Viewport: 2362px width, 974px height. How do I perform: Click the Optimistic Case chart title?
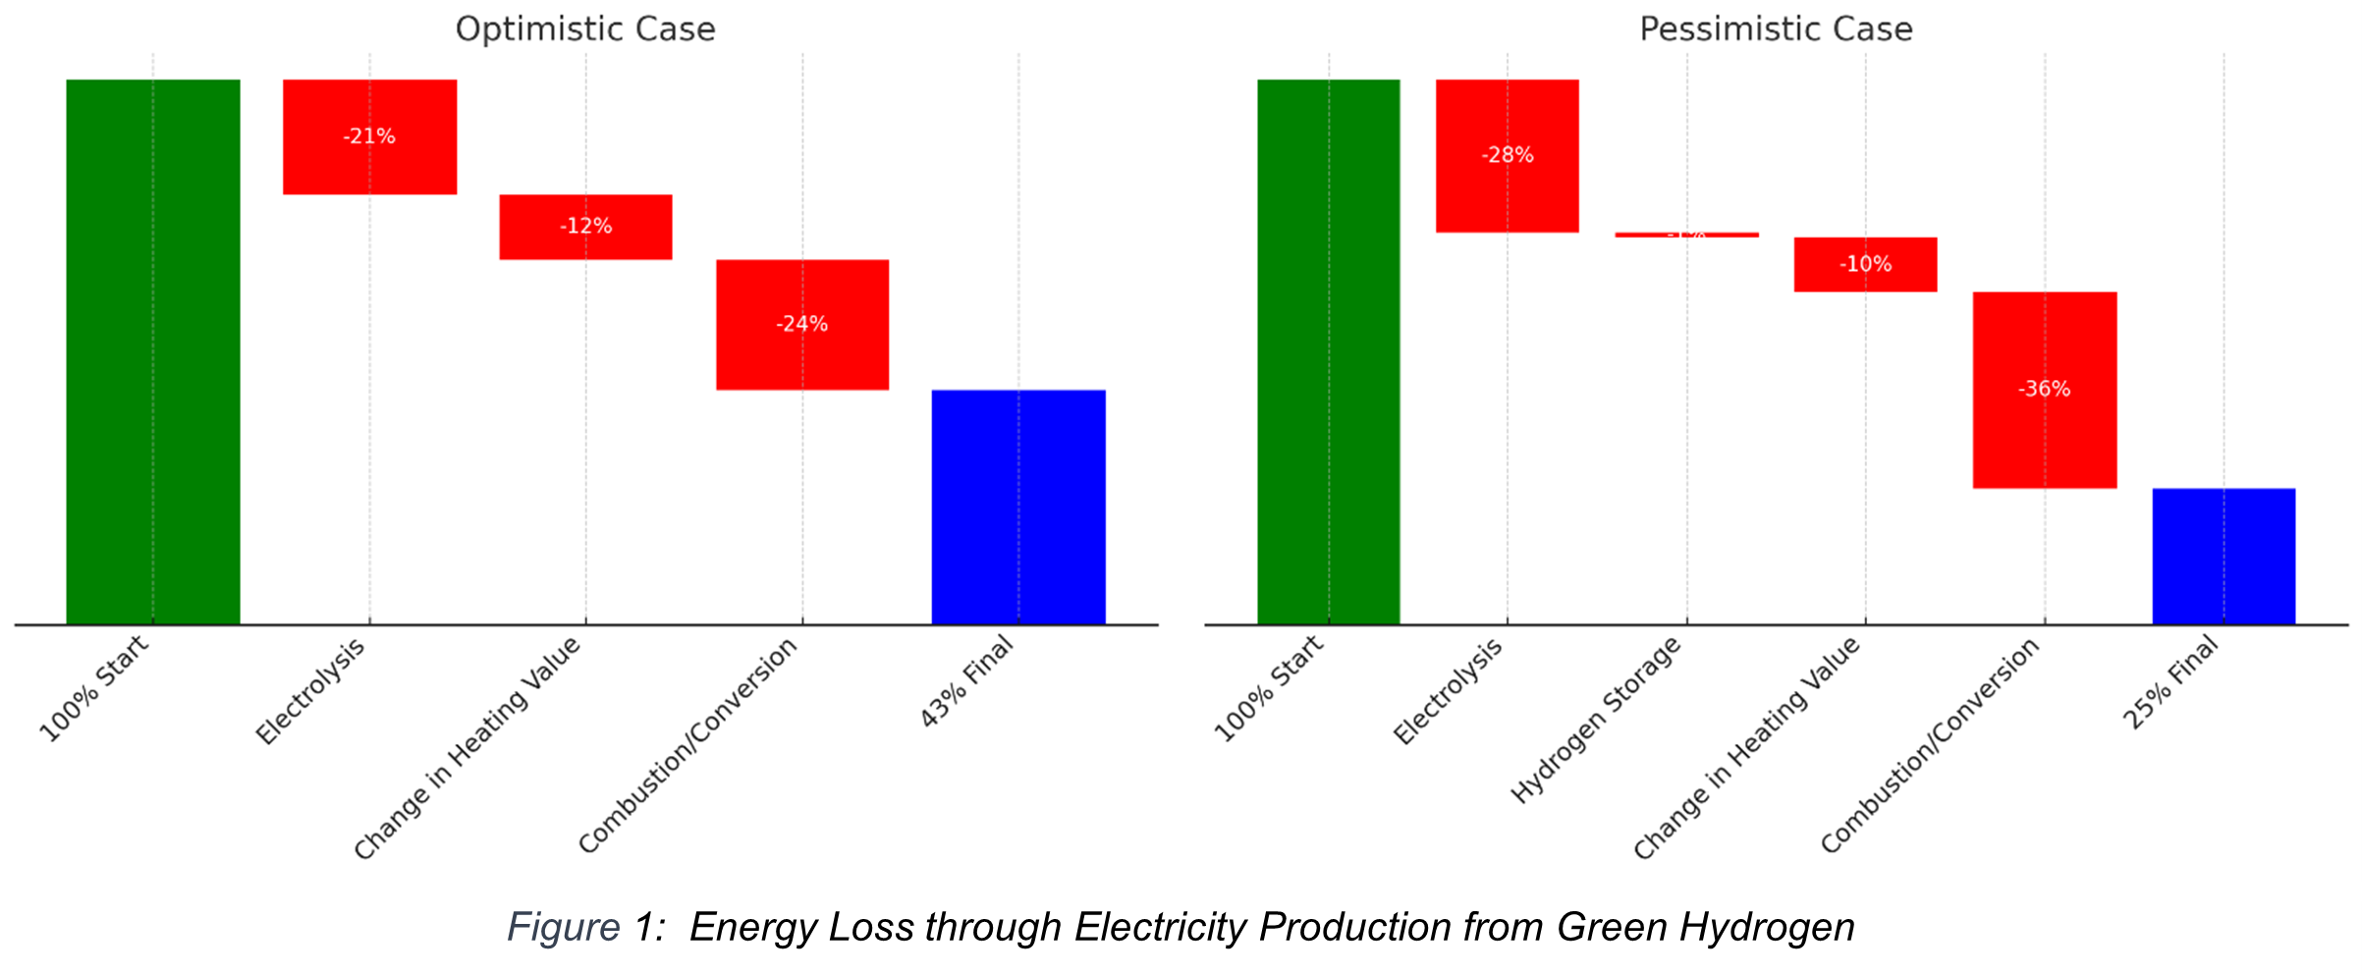click(x=585, y=29)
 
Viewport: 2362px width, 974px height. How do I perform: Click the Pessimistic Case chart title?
click(x=1776, y=29)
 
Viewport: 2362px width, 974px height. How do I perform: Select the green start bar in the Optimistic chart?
click(x=153, y=352)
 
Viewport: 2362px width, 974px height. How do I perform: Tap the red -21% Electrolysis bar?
click(x=370, y=137)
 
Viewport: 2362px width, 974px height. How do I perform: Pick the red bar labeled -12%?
click(x=586, y=227)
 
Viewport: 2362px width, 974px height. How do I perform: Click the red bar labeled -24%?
click(x=802, y=325)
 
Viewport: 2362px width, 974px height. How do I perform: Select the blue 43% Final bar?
click(x=1018, y=507)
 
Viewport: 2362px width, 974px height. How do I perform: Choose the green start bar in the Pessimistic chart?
click(x=1329, y=352)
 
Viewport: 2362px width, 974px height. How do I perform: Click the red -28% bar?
click(x=1508, y=155)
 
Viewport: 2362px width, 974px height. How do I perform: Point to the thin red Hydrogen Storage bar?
click(x=1687, y=235)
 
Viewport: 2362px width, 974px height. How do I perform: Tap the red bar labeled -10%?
click(x=1866, y=264)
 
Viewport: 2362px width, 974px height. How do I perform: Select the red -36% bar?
click(x=2045, y=390)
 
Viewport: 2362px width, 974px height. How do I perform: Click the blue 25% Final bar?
click(x=2224, y=556)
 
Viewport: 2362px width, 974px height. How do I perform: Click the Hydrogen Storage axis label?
click(x=1597, y=719)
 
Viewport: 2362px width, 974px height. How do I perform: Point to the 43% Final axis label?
click(x=966, y=681)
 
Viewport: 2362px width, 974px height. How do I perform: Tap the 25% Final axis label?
click(x=2170, y=681)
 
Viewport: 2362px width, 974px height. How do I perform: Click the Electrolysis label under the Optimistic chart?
click(x=311, y=690)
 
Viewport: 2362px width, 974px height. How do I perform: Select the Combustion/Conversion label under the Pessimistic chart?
click(x=1931, y=745)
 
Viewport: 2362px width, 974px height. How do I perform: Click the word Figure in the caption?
click(x=563, y=928)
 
